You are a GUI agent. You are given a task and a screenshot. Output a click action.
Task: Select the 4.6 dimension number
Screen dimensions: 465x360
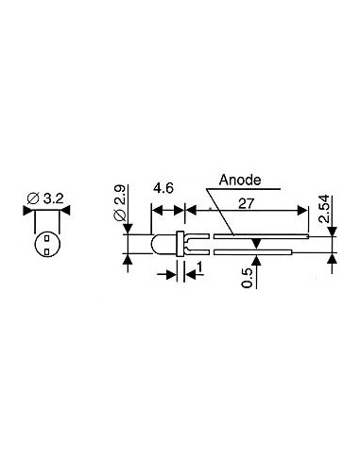(163, 188)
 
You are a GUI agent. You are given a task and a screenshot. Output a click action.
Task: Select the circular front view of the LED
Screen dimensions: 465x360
(45, 245)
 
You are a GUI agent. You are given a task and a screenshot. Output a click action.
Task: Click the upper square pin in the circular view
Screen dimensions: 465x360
(45, 239)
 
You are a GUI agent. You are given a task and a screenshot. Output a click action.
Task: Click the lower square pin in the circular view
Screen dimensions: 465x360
(45, 251)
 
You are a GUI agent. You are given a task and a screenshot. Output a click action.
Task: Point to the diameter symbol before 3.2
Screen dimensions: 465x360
(32, 198)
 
